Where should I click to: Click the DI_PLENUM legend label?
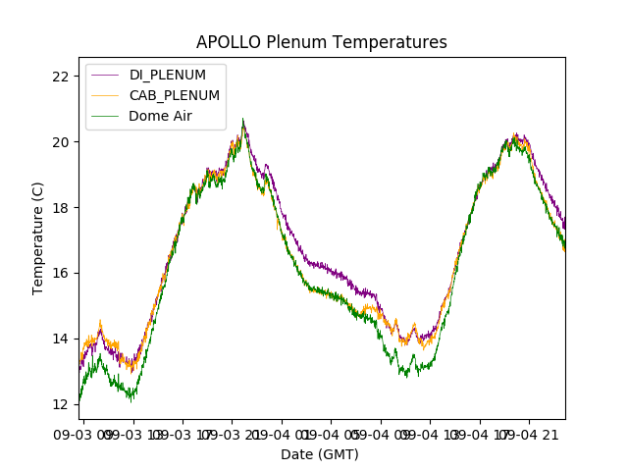(167, 75)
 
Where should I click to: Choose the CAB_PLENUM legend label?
(175, 95)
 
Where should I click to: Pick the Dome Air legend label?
(161, 116)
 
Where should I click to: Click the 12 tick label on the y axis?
(61, 404)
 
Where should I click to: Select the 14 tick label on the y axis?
(61, 339)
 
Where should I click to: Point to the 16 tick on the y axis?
(61, 273)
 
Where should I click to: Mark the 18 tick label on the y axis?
(61, 207)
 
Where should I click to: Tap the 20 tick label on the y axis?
(61, 142)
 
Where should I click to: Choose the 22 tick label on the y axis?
(61, 77)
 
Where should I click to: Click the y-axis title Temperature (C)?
(38, 238)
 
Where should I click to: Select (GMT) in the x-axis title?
(340, 454)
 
